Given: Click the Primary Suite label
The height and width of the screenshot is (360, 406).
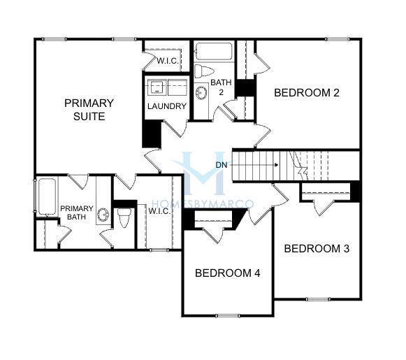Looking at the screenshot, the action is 89,110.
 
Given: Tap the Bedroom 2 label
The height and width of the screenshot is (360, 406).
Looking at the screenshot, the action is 307,93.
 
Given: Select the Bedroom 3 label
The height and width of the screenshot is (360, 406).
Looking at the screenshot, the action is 317,249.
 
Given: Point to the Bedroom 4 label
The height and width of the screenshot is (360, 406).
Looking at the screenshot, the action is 228,273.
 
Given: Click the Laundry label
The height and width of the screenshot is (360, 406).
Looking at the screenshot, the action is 167,106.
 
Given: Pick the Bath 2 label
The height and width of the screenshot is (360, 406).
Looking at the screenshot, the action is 221,87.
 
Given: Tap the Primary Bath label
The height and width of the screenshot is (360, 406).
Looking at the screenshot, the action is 77,213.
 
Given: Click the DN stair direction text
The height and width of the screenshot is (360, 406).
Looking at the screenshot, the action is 222,165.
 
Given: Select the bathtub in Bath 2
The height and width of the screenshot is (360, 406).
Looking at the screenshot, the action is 214,51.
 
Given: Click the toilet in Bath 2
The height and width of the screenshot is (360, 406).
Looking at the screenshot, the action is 204,71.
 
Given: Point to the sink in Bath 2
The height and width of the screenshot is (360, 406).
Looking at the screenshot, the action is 201,92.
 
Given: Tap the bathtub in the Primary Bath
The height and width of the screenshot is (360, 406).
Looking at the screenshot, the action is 47,197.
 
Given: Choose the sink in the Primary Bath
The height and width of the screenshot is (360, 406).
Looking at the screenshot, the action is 103,215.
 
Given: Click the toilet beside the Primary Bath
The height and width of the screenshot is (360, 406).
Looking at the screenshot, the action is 123,217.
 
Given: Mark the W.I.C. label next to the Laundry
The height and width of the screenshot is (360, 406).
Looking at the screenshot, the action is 168,61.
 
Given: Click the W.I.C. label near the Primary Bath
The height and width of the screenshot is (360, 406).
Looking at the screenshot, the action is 159,211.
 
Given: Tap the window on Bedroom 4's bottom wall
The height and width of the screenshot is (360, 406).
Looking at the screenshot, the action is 228,315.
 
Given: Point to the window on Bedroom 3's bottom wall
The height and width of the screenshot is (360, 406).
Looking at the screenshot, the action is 318,299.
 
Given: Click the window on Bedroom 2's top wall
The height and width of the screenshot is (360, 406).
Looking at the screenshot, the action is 338,39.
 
